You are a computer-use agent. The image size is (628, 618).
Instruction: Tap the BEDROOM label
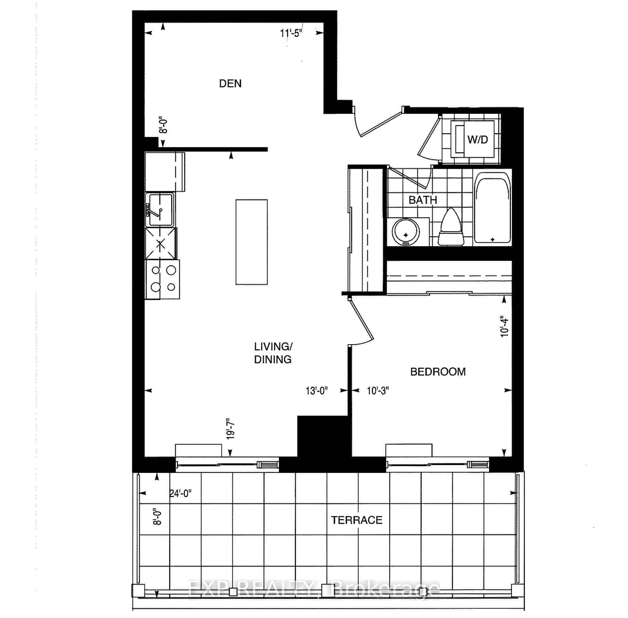(438, 372)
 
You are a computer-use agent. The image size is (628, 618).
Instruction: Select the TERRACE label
(356, 520)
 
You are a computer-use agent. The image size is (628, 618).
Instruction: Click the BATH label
(422, 200)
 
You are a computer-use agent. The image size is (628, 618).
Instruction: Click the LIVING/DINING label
(273, 353)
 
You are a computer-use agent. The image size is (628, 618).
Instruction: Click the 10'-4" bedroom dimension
(504, 326)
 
